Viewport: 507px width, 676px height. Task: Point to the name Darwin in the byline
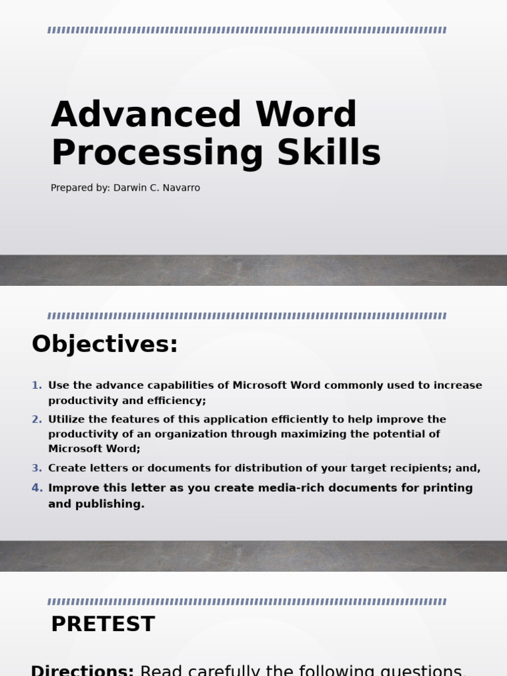tap(129, 188)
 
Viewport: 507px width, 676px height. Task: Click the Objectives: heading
tap(105, 344)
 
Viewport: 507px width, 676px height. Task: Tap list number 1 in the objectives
tap(37, 386)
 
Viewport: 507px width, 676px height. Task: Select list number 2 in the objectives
tap(37, 419)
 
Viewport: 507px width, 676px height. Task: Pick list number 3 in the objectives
tap(37, 468)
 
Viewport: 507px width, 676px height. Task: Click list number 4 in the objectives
tap(37, 488)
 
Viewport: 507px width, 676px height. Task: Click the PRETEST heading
tap(103, 624)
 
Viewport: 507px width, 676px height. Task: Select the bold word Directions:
tap(83, 670)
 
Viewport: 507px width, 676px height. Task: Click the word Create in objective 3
tap(66, 468)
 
